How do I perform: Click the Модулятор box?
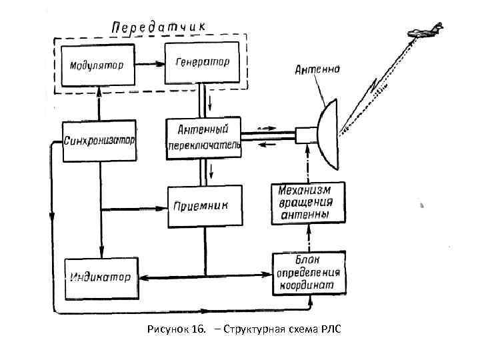97,65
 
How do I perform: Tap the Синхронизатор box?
100,141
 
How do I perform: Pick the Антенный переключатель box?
203,137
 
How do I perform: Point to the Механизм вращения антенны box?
309,203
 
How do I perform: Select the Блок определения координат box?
309,273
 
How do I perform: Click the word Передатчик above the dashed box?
159,26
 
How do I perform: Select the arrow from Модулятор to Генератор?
149,64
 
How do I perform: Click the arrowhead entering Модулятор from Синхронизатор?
99,87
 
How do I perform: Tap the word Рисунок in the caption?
169,329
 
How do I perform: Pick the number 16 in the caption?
197,329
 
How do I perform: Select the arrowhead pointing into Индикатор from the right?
142,276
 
